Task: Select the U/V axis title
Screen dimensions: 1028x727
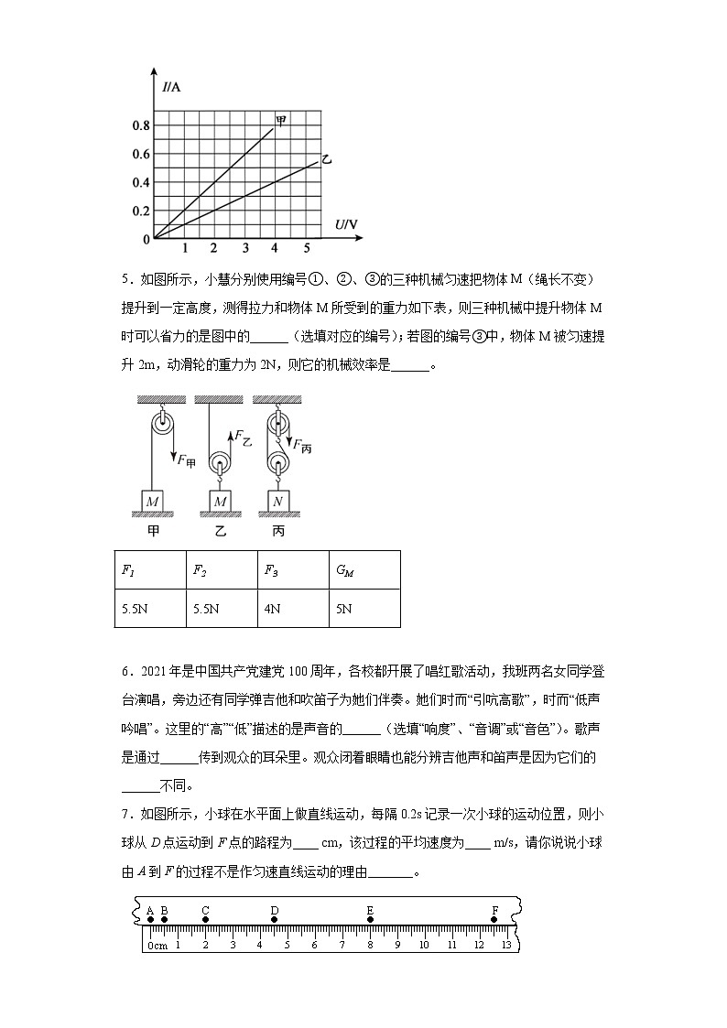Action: point(346,224)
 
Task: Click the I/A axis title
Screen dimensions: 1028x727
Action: point(171,88)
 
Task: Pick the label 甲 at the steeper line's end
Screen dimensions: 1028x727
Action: point(281,121)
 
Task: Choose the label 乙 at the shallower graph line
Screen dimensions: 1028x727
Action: point(325,159)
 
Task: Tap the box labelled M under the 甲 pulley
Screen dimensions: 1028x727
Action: point(152,502)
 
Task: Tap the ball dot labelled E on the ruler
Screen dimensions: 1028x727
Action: point(370,920)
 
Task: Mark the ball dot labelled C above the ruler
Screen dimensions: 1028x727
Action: point(205,920)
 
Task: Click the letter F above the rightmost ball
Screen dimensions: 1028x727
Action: point(494,909)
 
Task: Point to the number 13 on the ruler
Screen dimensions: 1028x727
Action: point(505,944)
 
